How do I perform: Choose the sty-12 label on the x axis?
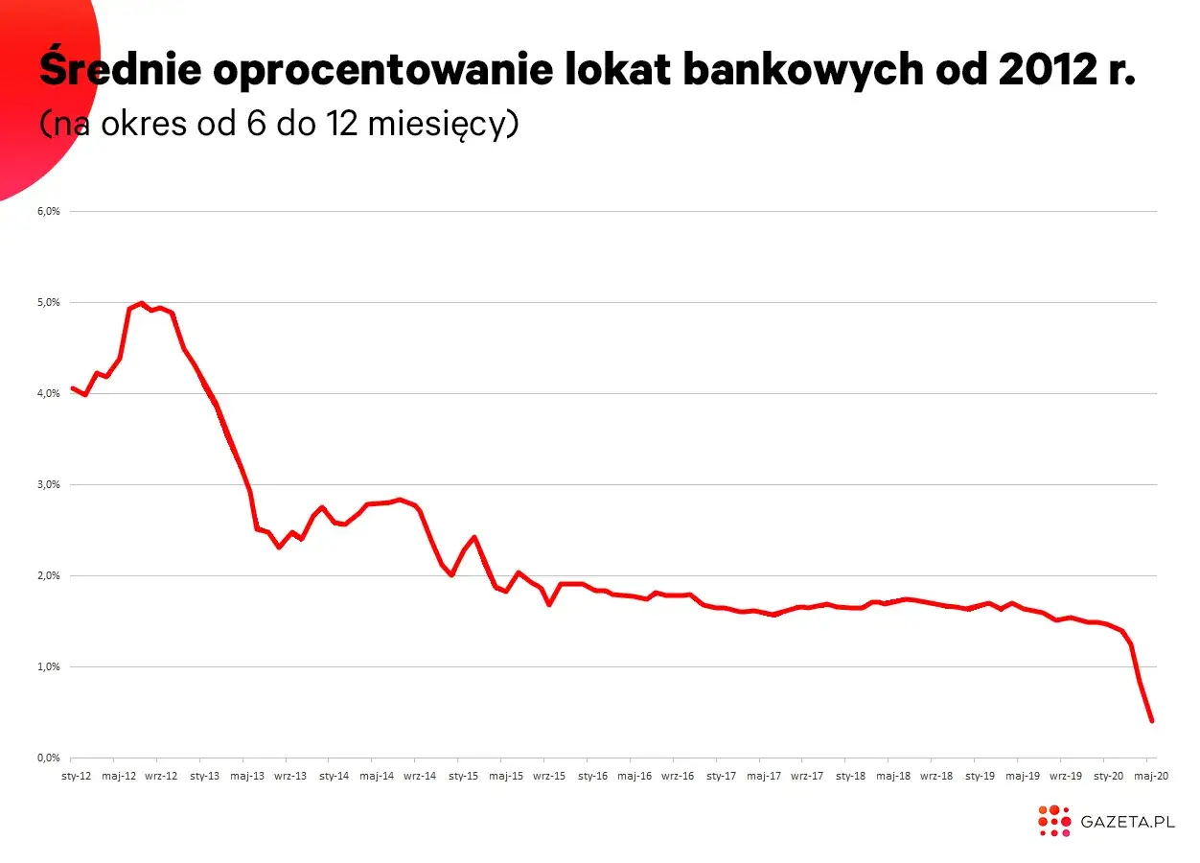pos(76,775)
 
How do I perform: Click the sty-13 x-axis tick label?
pos(205,775)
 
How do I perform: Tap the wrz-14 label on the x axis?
pos(420,775)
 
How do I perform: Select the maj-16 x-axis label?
pos(635,775)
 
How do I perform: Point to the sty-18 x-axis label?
pos(850,775)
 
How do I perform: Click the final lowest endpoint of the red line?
pos(1152,721)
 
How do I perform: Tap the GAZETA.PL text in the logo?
pos(1127,822)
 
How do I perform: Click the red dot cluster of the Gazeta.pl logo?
pos(1053,821)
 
